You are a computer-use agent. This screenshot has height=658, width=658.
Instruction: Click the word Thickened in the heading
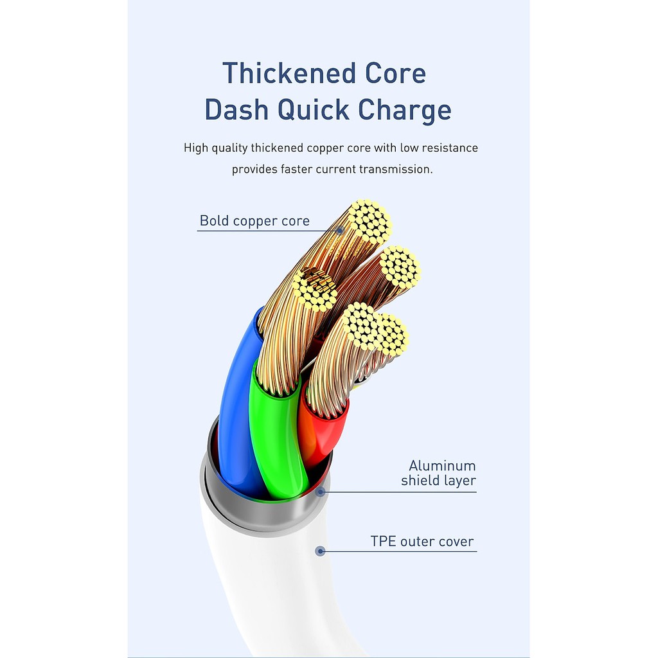(x=289, y=73)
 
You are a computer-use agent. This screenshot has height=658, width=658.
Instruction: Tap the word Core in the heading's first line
(x=395, y=73)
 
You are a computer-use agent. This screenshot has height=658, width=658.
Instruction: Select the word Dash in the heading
(x=236, y=109)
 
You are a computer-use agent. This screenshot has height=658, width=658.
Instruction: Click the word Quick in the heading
(x=313, y=110)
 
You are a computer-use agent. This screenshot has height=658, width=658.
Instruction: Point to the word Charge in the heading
(x=405, y=111)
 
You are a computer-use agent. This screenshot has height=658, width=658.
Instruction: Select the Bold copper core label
(x=254, y=221)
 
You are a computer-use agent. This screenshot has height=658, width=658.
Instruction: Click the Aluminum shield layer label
(x=438, y=473)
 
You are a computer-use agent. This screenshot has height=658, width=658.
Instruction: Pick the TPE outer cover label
(x=422, y=541)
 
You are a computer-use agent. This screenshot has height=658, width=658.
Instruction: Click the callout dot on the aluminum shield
(x=321, y=492)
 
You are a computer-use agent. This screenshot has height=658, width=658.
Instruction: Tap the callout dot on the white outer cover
(x=320, y=551)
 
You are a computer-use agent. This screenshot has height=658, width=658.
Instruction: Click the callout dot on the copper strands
(x=340, y=230)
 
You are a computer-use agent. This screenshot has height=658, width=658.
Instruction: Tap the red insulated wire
(x=323, y=432)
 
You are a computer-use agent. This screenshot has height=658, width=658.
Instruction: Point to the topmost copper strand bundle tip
(x=369, y=222)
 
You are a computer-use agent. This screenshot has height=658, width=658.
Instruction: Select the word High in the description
(x=195, y=148)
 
